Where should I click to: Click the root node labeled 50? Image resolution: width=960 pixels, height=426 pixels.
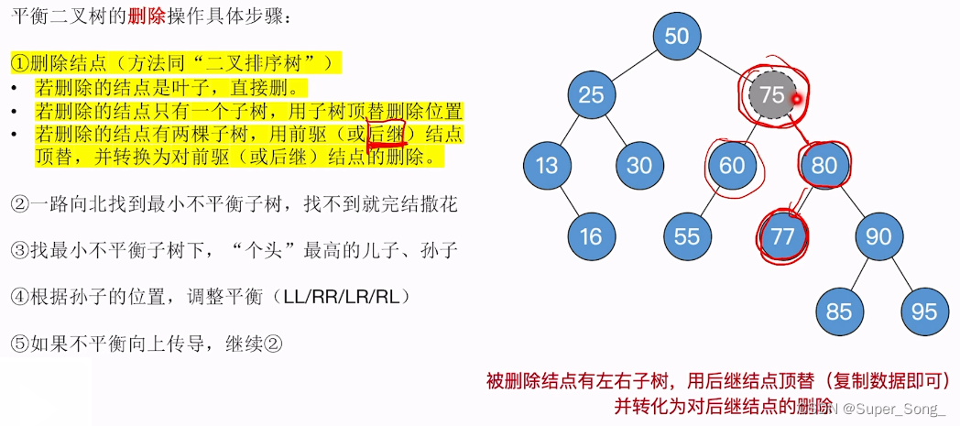(677, 37)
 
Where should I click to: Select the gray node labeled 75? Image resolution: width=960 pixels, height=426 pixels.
(772, 94)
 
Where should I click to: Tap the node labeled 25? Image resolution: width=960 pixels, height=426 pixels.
(591, 94)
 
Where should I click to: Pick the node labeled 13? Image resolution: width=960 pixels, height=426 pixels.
(547, 166)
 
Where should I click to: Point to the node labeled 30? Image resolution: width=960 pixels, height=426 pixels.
(639, 166)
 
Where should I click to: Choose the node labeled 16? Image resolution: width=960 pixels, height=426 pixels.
(591, 236)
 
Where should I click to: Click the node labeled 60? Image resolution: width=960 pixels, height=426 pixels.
(732, 166)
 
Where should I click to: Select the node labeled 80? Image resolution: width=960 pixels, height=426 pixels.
(824, 166)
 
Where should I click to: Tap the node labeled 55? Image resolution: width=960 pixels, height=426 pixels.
(687, 236)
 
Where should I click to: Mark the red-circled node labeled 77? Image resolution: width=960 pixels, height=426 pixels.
(783, 236)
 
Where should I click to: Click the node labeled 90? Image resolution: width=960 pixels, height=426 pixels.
(878, 236)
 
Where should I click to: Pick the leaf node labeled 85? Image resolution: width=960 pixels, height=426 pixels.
(839, 311)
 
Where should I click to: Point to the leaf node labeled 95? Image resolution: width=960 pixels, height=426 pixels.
(923, 311)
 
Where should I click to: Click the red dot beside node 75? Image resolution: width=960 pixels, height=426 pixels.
(797, 99)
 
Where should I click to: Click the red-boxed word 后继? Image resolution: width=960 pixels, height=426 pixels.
(385, 134)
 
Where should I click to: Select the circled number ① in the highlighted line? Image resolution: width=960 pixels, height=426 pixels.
(20, 63)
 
